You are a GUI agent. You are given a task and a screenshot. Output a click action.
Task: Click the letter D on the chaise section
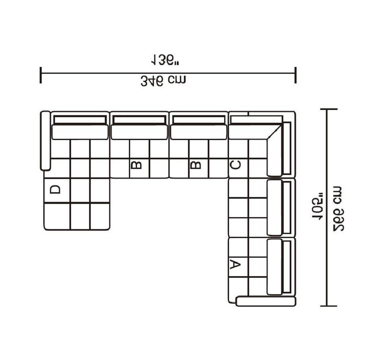tap(55, 189)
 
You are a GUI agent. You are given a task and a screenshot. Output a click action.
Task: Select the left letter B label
tap(136, 165)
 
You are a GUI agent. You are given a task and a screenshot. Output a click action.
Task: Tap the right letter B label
tap(195, 165)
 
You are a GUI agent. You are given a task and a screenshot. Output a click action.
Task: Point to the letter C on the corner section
tap(235, 165)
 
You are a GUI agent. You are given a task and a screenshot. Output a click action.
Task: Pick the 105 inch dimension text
tap(317, 209)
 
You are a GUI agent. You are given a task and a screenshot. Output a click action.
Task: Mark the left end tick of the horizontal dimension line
tap(40, 75)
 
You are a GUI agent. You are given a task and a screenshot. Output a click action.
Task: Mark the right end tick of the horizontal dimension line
tap(296, 75)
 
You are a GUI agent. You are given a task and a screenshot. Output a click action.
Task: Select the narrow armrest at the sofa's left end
tap(46, 141)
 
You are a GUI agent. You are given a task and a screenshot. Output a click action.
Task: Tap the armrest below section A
tap(266, 302)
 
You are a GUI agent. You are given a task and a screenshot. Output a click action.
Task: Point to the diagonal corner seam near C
tap(274, 132)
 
